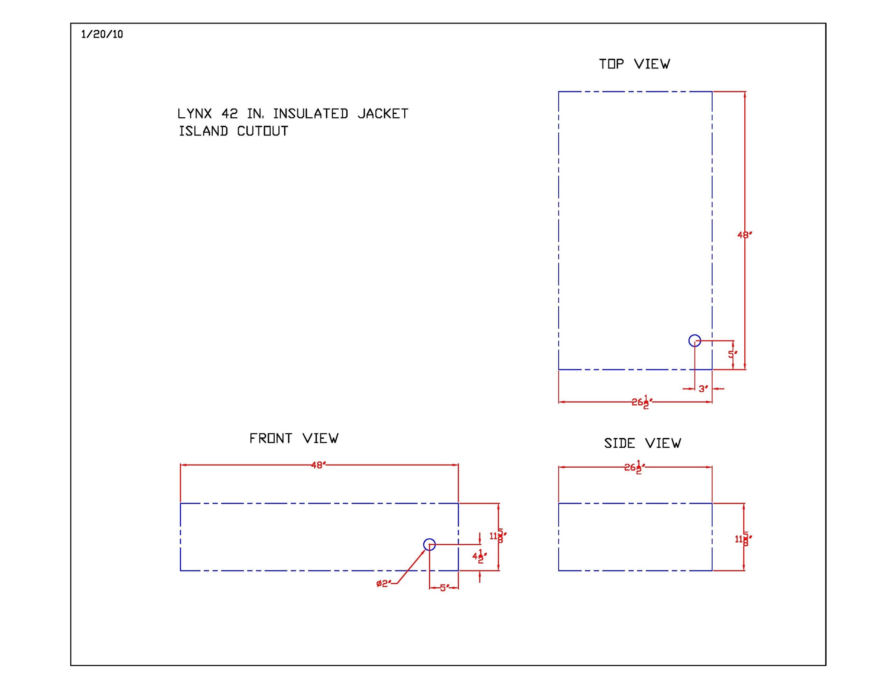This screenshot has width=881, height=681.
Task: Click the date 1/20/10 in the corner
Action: (102, 34)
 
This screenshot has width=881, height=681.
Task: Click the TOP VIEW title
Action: (634, 64)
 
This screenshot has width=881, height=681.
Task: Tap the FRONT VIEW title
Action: (294, 438)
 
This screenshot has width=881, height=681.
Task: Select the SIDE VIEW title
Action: (642, 443)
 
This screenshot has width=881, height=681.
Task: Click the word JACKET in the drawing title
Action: (383, 114)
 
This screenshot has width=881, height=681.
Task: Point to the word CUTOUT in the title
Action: (263, 131)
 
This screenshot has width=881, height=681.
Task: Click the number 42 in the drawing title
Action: (230, 114)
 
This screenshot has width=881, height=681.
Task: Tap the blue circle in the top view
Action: (694, 340)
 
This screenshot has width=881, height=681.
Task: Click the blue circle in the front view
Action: (429, 544)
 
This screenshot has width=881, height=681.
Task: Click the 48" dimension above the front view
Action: (318, 465)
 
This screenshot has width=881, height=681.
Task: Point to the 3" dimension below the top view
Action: (703, 389)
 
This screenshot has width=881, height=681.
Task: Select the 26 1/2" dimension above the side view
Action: (635, 467)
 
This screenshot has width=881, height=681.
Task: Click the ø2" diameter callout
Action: (383, 584)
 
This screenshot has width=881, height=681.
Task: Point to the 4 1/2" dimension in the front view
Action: (480, 556)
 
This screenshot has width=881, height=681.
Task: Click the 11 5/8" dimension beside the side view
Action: (743, 539)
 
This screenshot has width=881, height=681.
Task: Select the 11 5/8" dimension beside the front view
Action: (498, 536)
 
